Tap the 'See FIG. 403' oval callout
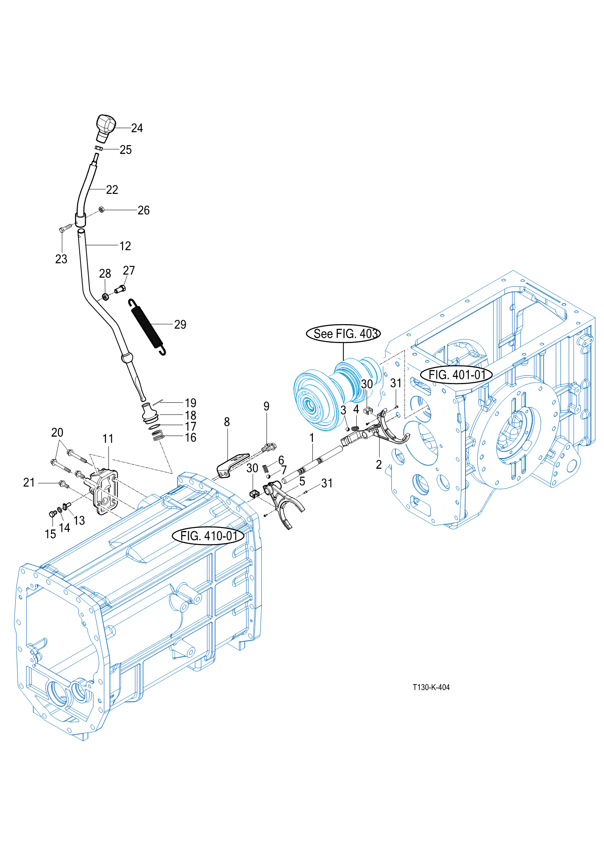(343, 333)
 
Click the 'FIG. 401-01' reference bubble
(456, 375)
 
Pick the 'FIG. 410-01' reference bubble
(208, 536)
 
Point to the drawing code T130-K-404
(431, 687)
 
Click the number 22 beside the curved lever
(112, 190)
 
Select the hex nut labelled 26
(101, 209)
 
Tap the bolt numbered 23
(65, 229)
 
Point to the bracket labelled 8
(232, 465)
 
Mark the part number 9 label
(266, 406)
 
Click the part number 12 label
(125, 246)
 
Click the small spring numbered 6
(265, 468)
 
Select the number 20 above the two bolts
(57, 432)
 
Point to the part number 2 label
(379, 465)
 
